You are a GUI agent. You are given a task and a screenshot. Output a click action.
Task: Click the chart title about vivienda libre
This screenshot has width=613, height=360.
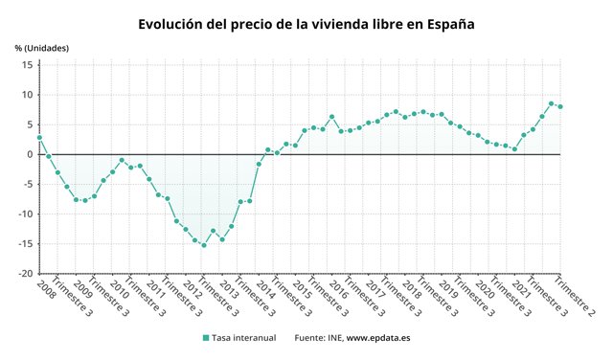point(306,23)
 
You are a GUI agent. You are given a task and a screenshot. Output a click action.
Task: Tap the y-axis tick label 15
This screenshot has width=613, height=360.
point(27,65)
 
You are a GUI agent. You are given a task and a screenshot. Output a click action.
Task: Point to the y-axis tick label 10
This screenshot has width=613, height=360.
point(27,95)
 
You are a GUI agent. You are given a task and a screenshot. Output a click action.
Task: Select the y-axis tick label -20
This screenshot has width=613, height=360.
point(24,273)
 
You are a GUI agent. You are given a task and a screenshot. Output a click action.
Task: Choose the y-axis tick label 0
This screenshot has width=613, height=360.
point(30,154)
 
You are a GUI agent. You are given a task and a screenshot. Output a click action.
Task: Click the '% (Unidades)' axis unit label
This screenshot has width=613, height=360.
point(42,47)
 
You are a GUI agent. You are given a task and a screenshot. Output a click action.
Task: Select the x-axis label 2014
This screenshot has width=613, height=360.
point(264,288)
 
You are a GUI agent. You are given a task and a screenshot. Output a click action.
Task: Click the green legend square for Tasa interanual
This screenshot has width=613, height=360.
point(206,338)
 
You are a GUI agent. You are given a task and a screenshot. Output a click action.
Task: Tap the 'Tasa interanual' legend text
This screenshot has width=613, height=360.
point(247,338)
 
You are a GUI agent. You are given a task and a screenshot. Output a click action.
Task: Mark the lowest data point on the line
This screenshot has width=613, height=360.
point(204,245)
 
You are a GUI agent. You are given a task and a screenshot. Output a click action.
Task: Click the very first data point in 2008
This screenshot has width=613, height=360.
point(39,138)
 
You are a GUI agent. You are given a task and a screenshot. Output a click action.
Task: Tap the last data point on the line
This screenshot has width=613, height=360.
point(560,106)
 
